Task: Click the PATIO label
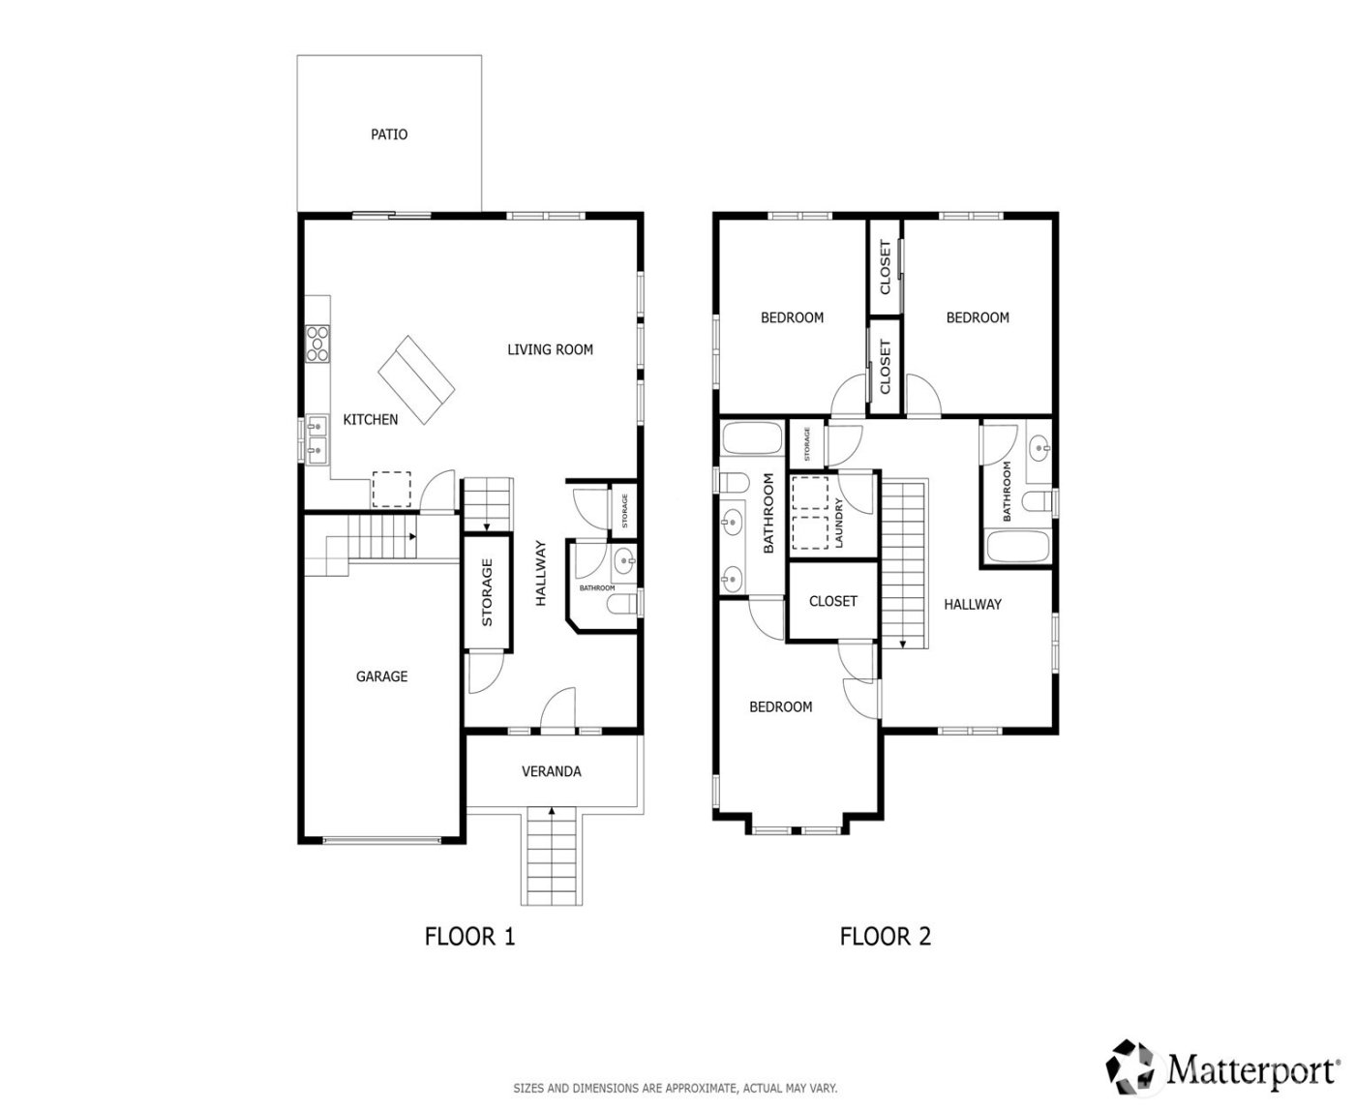point(389,135)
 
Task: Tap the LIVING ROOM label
point(550,349)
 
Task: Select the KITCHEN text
point(371,419)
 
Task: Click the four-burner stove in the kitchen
point(317,344)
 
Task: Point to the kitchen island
point(416,375)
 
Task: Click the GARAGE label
point(381,676)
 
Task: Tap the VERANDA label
point(552,771)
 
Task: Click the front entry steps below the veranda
point(553,856)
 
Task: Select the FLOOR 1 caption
point(469,937)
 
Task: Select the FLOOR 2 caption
point(885,937)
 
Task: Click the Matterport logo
point(1224,1068)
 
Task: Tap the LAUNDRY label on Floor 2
point(839,524)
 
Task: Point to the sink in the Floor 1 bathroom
point(625,558)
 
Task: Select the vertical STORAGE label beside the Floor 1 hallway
point(487,592)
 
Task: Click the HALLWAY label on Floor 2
point(973,604)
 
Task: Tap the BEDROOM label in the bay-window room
point(780,706)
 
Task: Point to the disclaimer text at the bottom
point(676,1088)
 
